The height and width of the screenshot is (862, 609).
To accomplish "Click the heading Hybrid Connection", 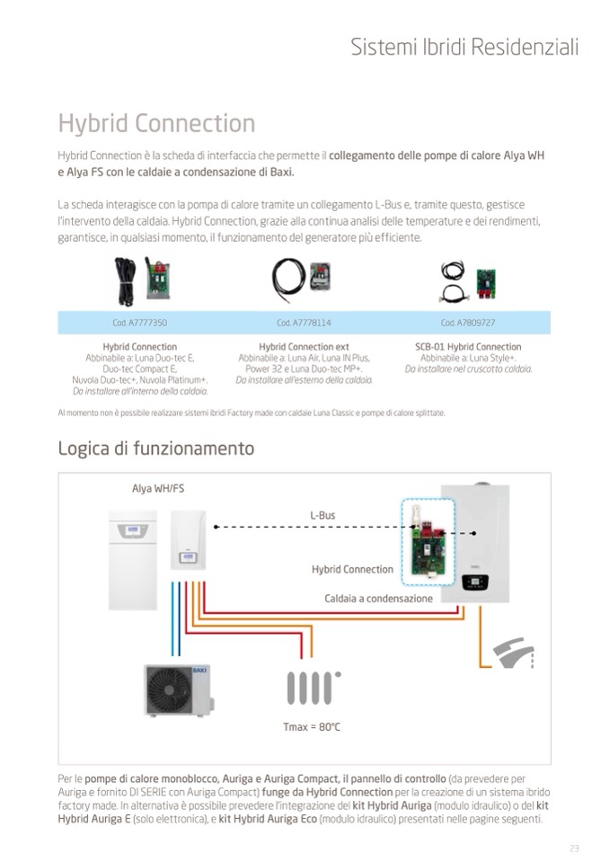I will [x=156, y=123].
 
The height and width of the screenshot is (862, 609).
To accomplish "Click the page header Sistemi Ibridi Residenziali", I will [x=464, y=47].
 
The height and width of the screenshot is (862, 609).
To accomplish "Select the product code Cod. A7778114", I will [x=304, y=323].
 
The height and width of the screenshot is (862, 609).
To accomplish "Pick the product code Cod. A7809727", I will [x=468, y=323].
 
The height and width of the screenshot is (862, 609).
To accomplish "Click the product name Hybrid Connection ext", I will [x=304, y=347].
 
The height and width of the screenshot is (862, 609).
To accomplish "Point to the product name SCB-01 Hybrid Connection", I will [x=468, y=347].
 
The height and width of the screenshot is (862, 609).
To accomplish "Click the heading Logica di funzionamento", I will [x=155, y=448].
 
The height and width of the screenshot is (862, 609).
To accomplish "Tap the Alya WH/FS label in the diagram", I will [x=158, y=489].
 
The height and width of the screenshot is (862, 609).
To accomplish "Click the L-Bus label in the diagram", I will [x=322, y=516].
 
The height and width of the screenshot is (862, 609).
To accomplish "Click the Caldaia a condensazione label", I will [x=378, y=599].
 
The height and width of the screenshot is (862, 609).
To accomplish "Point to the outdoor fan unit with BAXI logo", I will [x=180, y=689].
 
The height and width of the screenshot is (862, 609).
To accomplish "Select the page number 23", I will [x=574, y=849].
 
